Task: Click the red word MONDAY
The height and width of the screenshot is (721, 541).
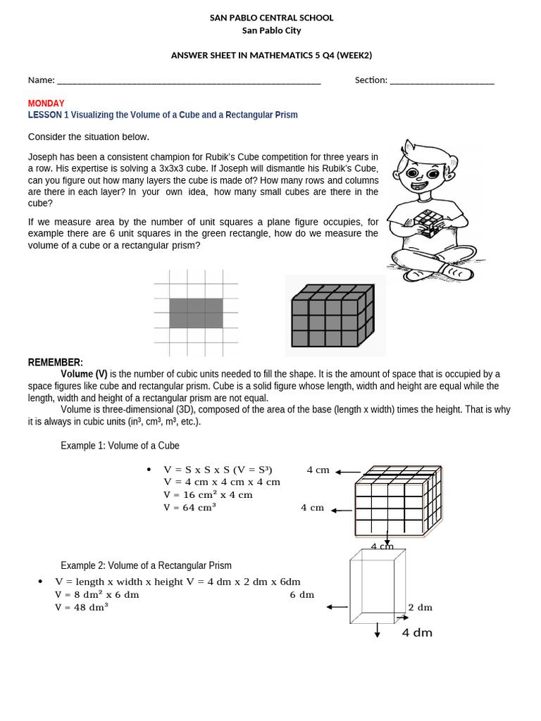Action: (46, 103)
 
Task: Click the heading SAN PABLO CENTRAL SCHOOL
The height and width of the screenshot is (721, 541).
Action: (271, 18)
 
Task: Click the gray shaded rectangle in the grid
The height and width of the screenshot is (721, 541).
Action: (196, 313)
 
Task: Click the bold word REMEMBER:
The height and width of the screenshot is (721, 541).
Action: (56, 362)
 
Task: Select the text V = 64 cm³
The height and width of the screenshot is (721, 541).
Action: (189, 507)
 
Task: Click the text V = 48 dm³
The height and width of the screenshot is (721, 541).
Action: (82, 606)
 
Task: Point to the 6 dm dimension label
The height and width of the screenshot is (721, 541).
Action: (301, 594)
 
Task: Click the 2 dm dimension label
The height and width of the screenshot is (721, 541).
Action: (421, 607)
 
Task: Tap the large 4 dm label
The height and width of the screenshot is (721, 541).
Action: (417, 632)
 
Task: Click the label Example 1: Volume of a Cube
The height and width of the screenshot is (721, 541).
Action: (120, 446)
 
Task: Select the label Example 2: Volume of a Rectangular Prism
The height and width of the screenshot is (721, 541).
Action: (146, 565)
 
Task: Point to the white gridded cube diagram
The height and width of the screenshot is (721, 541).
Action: (398, 503)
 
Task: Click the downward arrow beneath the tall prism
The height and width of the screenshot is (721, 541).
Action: (378, 629)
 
